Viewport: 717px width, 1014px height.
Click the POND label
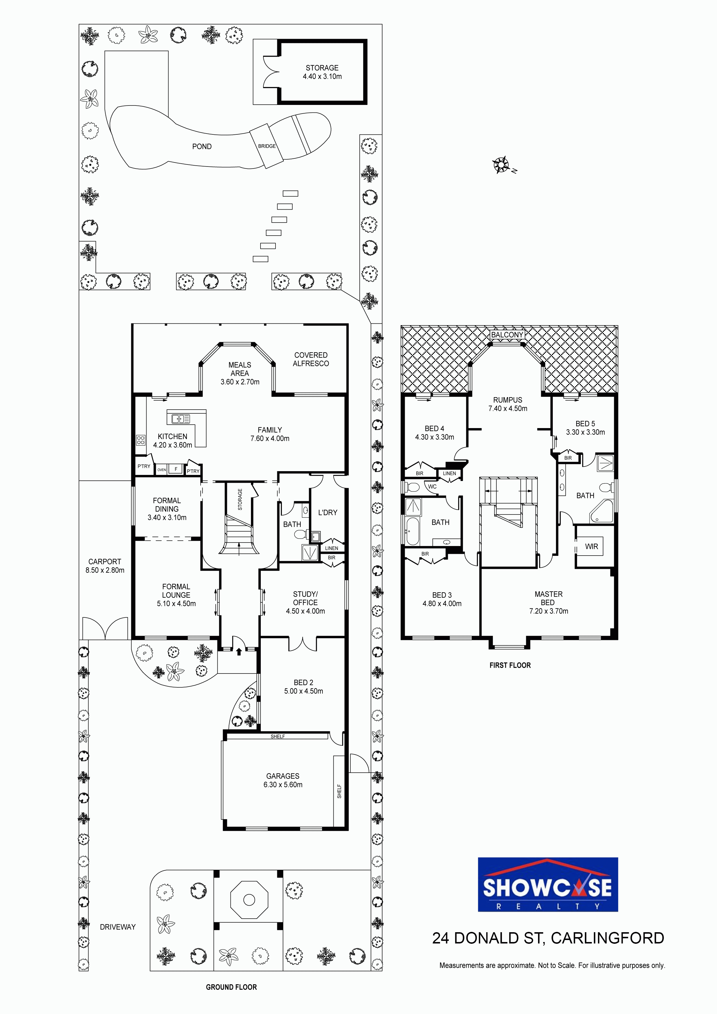pyautogui.click(x=202, y=147)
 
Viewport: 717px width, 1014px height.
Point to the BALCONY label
pyautogui.click(x=507, y=335)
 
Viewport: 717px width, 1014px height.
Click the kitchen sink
pyautogui.click(x=181, y=419)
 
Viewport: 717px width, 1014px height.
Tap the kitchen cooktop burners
pyautogui.click(x=141, y=440)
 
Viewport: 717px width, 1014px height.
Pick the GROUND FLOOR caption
pyautogui.click(x=231, y=987)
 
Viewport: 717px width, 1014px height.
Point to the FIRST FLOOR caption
pyautogui.click(x=510, y=665)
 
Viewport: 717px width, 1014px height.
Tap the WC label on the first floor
pyautogui.click(x=432, y=487)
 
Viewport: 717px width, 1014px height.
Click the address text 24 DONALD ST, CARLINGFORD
pyautogui.click(x=548, y=938)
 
